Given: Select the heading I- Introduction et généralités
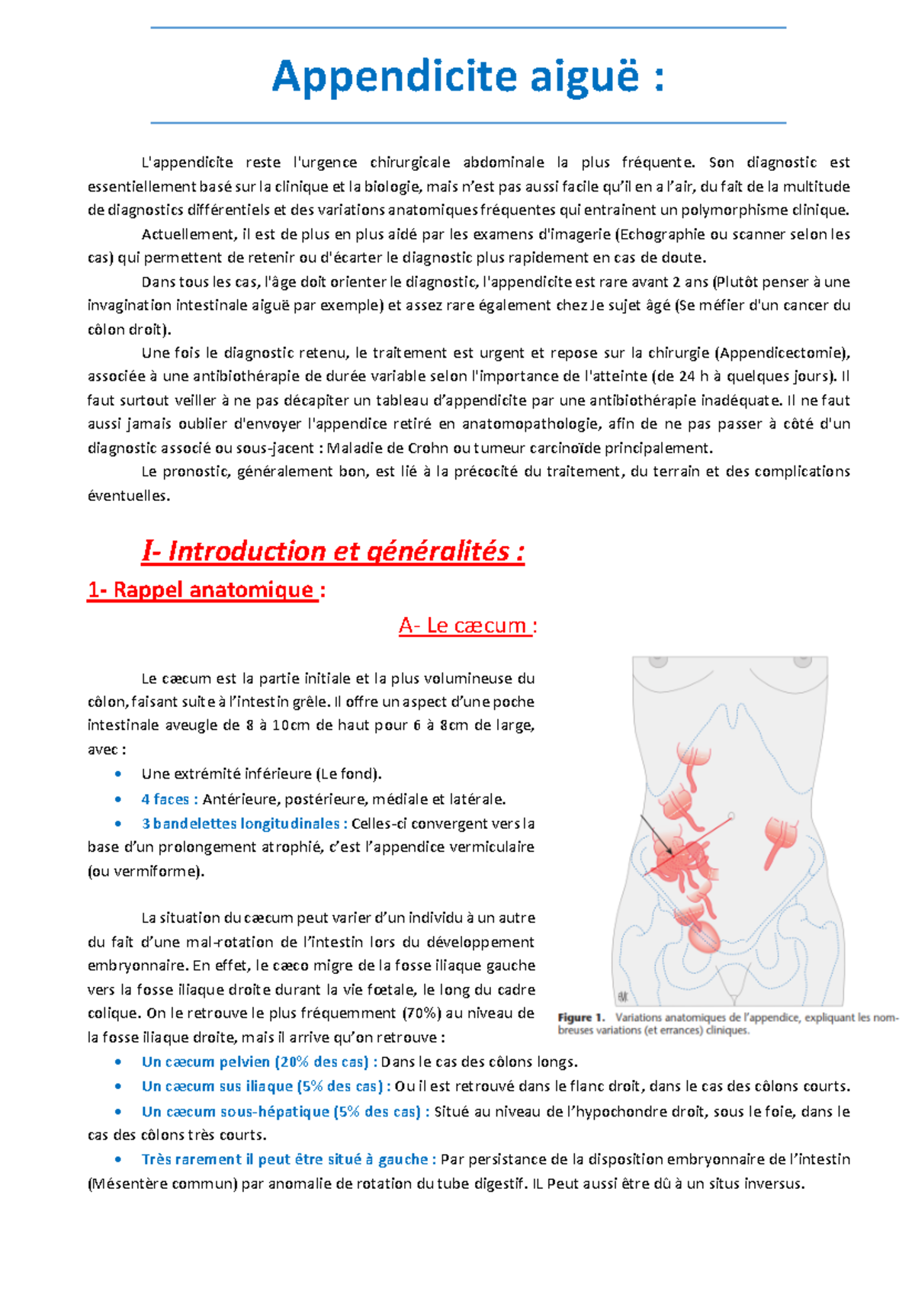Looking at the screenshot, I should click(x=332, y=551).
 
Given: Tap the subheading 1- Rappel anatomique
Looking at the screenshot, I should click(x=202, y=590).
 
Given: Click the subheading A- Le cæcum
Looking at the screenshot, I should click(x=467, y=626).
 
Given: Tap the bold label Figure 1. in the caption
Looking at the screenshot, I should click(x=580, y=1017).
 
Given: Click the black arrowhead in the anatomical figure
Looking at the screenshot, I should click(x=669, y=850).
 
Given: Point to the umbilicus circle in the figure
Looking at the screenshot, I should click(x=731, y=816).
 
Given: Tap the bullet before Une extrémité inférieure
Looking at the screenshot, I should click(x=117, y=774).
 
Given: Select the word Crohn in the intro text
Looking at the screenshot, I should click(x=429, y=448).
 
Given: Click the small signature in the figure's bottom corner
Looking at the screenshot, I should click(x=623, y=996).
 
